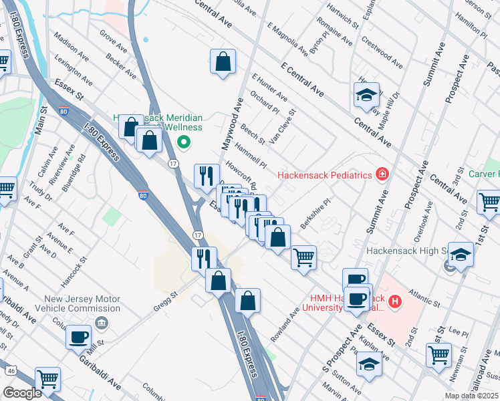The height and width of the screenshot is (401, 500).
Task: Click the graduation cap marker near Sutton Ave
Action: [368, 365]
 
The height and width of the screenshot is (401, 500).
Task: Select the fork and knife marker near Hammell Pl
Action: [207, 176]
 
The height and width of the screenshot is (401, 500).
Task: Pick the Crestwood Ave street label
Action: [382, 52]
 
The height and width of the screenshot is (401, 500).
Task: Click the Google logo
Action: [22, 393]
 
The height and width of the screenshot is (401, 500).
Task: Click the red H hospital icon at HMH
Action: [395, 302]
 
